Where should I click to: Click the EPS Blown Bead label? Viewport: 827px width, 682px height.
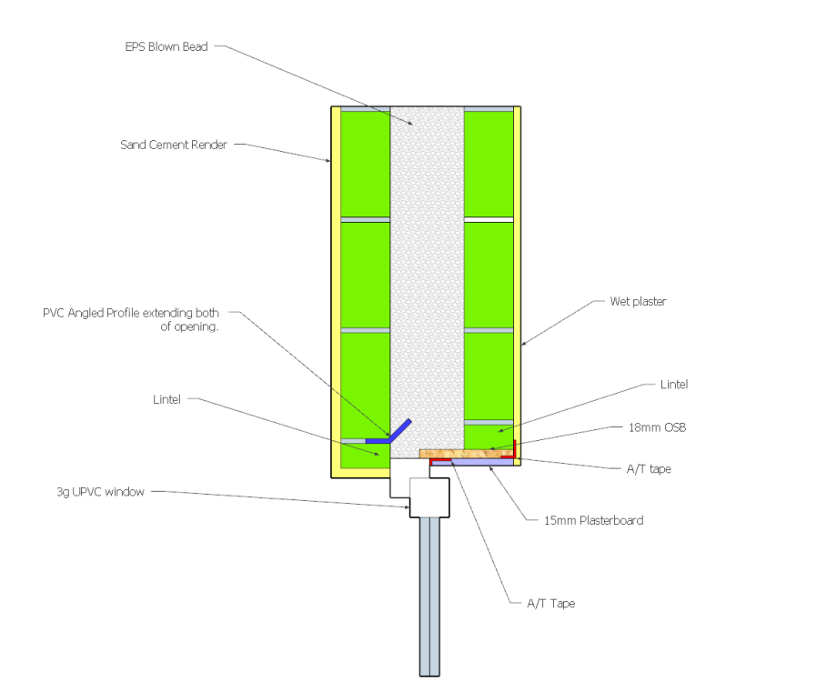166,47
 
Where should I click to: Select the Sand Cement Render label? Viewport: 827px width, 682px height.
174,145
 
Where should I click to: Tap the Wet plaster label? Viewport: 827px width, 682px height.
638,302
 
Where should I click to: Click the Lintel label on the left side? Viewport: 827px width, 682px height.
166,399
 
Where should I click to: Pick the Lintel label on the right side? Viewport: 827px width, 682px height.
674,385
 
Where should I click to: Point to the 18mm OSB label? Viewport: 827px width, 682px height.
657,427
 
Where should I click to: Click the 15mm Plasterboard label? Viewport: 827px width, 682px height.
593,521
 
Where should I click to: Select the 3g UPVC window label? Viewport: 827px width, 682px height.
100,492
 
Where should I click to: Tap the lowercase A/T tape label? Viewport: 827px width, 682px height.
649,469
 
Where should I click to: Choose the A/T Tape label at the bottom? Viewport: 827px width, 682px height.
551,604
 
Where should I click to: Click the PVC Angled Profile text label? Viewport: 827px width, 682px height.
131,320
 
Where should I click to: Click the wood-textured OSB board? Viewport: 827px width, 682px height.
466,453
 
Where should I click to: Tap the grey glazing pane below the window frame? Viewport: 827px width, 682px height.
429,597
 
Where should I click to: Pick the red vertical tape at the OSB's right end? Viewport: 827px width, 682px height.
514,449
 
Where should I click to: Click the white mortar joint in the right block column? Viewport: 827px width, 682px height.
489,220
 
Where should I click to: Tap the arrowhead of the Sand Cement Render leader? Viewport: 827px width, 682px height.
328,161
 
